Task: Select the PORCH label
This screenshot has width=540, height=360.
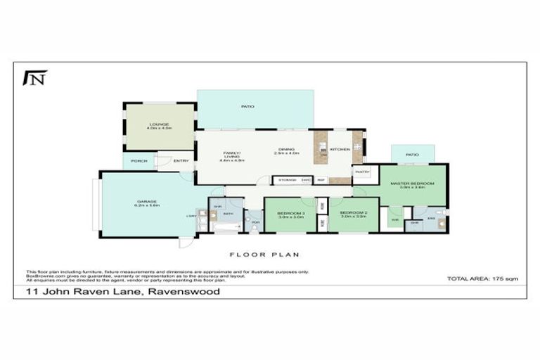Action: [x=138, y=161]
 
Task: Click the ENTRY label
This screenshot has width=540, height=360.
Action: [x=181, y=161]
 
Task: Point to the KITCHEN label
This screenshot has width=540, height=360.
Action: [x=340, y=149]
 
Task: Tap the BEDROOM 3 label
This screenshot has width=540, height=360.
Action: [x=290, y=212]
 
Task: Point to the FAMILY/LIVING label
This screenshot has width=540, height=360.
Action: [x=232, y=154]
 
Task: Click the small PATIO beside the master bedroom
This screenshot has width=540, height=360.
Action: [x=412, y=154]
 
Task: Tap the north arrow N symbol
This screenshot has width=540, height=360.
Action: [x=34, y=77]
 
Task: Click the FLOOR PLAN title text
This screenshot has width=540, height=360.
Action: [x=264, y=255]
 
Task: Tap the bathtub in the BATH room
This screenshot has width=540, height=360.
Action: [x=226, y=226]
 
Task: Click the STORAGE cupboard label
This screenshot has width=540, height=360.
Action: [x=286, y=181]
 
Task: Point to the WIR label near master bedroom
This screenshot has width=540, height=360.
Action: [x=394, y=220]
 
